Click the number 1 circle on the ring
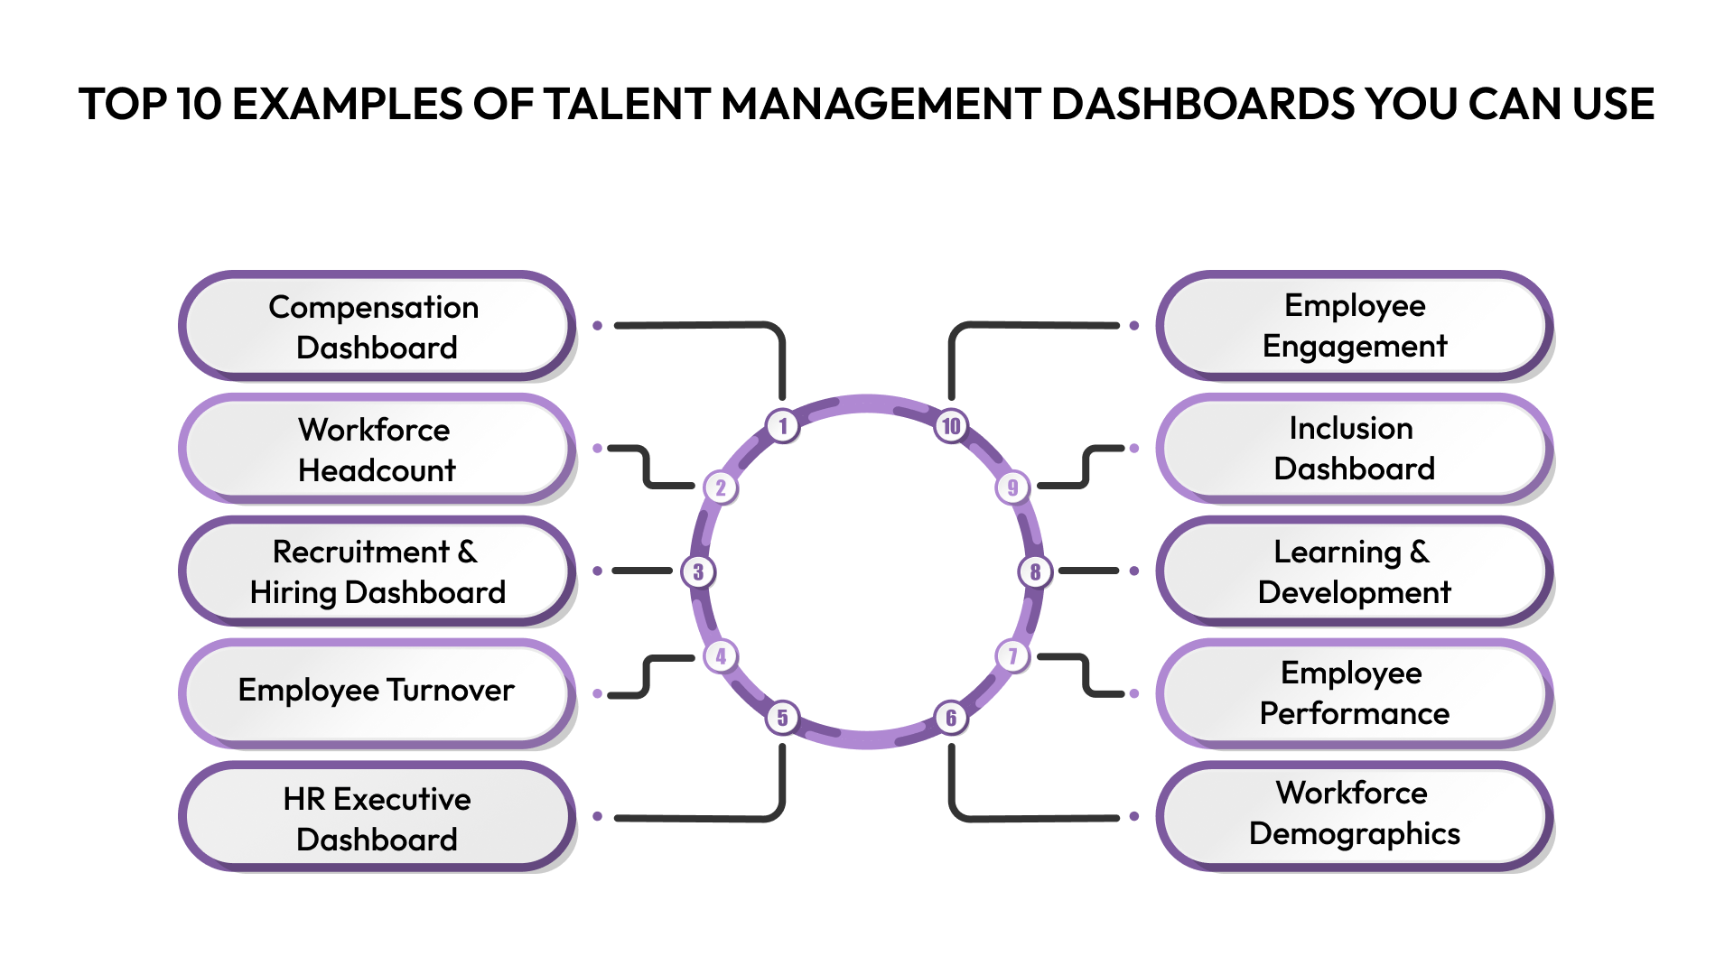783,425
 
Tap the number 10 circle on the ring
951,425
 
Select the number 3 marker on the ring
698,571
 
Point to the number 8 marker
1035,571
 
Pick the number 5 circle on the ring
783,718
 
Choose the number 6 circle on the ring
951,718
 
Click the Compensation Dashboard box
377,327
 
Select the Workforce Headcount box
377,449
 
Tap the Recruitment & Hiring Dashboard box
377,571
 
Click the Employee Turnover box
377,693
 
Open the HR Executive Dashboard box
377,817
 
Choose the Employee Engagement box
1354,326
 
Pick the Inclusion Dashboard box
1354,449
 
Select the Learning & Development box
1354,571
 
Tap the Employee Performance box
1354,693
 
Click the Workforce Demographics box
1354,815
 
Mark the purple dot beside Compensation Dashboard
597,325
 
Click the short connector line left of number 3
642,571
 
